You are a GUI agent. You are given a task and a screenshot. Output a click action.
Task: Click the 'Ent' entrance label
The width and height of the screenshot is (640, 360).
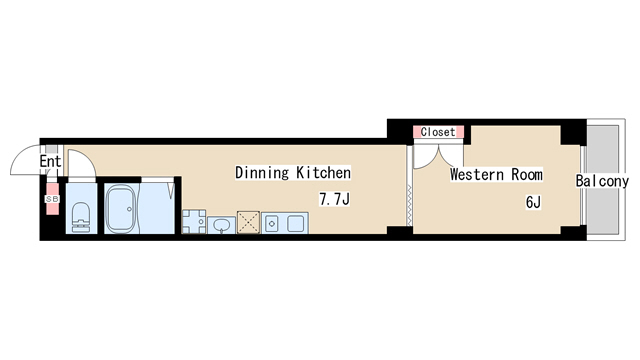pyautogui.click(x=50, y=161)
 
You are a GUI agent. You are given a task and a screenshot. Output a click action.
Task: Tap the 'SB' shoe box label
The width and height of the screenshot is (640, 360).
pyautogui.click(x=52, y=199)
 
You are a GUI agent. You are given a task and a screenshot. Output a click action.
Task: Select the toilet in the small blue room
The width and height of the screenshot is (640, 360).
pyautogui.click(x=81, y=217)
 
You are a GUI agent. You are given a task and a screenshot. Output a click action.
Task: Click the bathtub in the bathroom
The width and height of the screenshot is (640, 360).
pyautogui.click(x=121, y=209)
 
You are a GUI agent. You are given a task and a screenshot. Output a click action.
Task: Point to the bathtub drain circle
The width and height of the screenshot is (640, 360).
pyautogui.click(x=129, y=209)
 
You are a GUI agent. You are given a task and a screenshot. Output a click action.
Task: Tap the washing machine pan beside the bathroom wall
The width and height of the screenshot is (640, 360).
pyautogui.click(x=194, y=222)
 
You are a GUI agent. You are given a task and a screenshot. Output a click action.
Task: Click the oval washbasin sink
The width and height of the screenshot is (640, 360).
pyautogui.click(x=222, y=225)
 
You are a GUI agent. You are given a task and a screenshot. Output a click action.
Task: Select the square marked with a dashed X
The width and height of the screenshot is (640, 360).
pyautogui.click(x=249, y=222)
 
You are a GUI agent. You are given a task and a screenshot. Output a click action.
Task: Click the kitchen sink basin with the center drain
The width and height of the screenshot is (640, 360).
pyautogui.click(x=271, y=223)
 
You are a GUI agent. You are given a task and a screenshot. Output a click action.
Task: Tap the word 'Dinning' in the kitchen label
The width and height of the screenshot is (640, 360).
pyautogui.click(x=262, y=173)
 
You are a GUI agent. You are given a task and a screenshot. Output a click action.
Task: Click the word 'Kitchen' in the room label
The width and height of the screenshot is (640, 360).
pyautogui.click(x=323, y=173)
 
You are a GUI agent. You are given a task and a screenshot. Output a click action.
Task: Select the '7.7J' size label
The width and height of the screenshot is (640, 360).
pyautogui.click(x=334, y=200)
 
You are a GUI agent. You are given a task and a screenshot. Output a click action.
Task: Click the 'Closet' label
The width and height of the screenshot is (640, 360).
pyautogui.click(x=438, y=132)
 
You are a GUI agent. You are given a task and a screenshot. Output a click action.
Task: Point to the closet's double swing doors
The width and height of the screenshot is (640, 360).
pyautogui.click(x=438, y=156)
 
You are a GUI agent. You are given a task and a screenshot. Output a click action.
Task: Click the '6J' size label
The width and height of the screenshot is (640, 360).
pyautogui.click(x=533, y=202)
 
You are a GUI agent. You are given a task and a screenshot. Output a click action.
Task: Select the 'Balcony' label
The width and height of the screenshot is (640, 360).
pyautogui.click(x=602, y=181)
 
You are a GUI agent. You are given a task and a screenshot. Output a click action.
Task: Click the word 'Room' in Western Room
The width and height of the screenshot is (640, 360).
pyautogui.click(x=527, y=175)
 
